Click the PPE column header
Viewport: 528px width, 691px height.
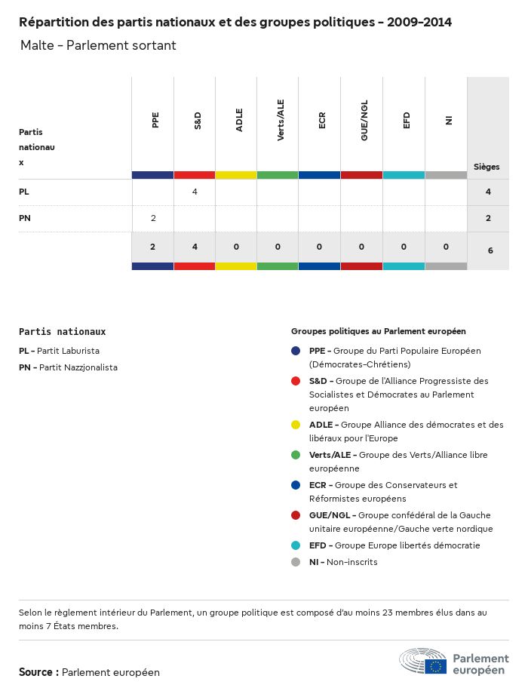pyautogui.click(x=155, y=120)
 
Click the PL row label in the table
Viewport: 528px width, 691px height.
pyautogui.click(x=24, y=192)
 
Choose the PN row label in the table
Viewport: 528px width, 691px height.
pyautogui.click(x=25, y=219)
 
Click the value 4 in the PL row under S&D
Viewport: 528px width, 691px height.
pyautogui.click(x=195, y=192)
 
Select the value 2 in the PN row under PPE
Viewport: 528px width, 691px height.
pyautogui.click(x=153, y=219)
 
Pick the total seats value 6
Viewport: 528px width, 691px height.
pyautogui.click(x=490, y=250)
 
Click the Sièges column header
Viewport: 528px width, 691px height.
pyautogui.click(x=487, y=167)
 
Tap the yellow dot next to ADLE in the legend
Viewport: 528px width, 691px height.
pyautogui.click(x=296, y=425)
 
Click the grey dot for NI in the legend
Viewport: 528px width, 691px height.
pyautogui.click(x=296, y=562)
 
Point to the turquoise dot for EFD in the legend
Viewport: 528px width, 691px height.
pyautogui.click(x=296, y=545)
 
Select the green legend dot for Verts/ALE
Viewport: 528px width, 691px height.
pyautogui.click(x=296, y=455)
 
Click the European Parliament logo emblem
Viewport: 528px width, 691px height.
pyautogui.click(x=423, y=661)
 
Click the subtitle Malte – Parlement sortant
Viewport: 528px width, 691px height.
pyautogui.click(x=98, y=45)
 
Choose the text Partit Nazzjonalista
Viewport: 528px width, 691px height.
pyautogui.click(x=78, y=367)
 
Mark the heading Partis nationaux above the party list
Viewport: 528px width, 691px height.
pyautogui.click(x=62, y=331)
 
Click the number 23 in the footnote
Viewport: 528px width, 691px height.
pyautogui.click(x=370, y=613)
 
